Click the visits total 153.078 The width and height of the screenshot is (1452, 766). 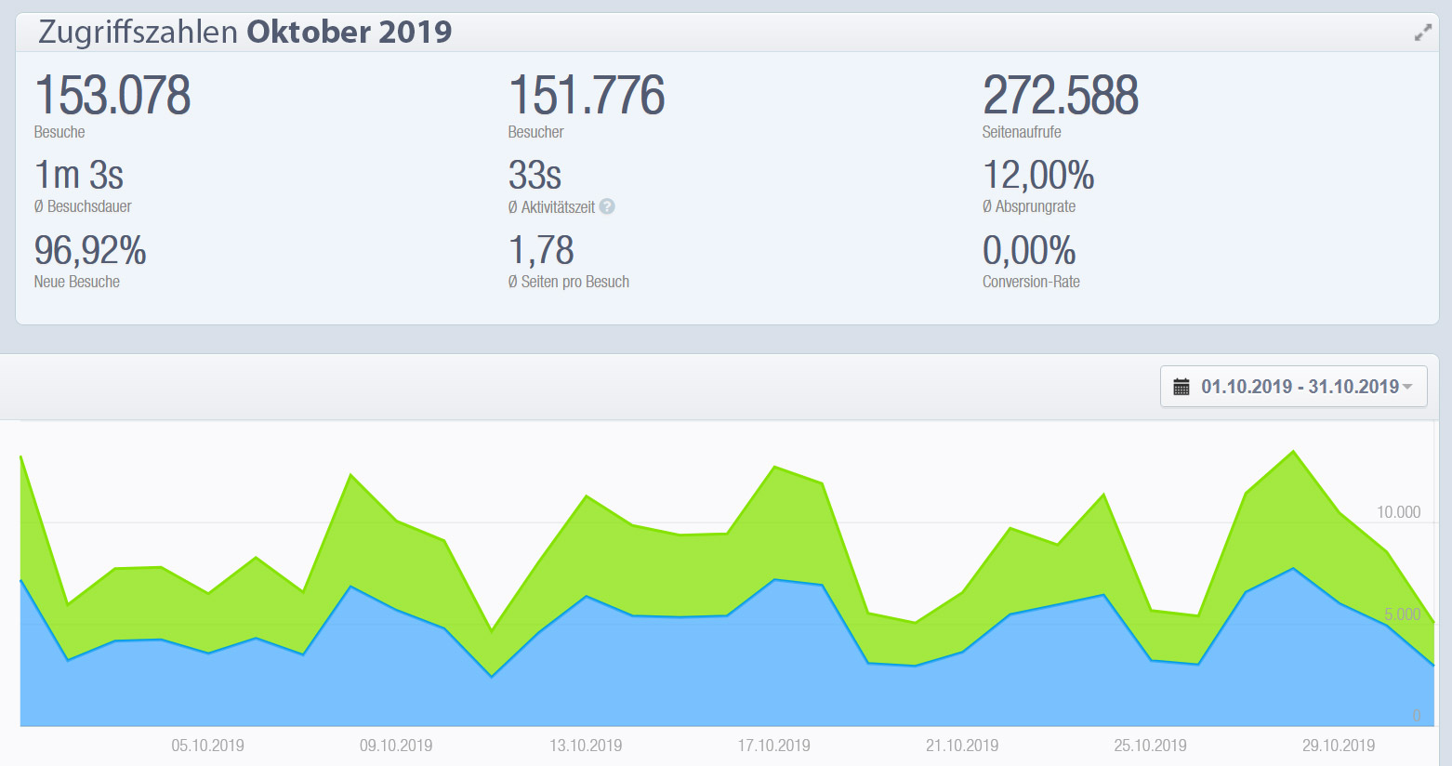point(112,96)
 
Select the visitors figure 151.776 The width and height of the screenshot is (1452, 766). point(587,96)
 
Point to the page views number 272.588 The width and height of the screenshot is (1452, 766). point(1061,96)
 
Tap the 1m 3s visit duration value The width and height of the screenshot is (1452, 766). point(79,175)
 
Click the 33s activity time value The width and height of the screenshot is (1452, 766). point(535,175)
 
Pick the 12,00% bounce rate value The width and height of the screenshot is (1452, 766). point(1038,175)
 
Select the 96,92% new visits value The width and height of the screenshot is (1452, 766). point(90,250)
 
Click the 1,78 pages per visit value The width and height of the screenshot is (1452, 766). point(541,250)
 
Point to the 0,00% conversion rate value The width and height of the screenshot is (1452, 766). point(1029,250)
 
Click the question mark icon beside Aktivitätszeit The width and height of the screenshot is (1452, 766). point(607,206)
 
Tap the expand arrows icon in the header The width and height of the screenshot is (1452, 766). point(1423,33)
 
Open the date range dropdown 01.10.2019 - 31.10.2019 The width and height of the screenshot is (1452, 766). point(1299,387)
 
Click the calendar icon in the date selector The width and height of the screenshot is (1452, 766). point(1181,387)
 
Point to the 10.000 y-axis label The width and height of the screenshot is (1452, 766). point(1398,512)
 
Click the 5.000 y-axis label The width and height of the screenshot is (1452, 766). point(1402,614)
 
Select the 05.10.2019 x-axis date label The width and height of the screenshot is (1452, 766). point(207,746)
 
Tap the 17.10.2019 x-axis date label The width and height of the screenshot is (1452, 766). point(773,746)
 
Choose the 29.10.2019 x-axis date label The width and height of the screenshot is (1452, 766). point(1338,746)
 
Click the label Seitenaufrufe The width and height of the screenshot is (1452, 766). point(1021,132)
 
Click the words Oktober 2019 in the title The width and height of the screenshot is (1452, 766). point(349,33)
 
